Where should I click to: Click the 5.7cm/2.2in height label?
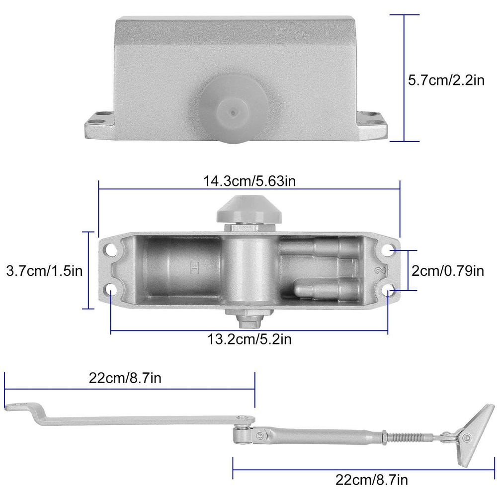(446, 80)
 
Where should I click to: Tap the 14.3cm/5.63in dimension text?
(249, 181)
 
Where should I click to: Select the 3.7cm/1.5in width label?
(44, 271)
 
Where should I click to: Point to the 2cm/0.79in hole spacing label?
(448, 271)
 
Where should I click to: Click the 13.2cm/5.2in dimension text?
(249, 339)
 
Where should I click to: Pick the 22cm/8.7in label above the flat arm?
(125, 378)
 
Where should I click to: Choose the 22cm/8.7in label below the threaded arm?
(371, 480)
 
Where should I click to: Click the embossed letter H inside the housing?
(194, 268)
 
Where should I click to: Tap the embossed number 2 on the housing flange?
(381, 270)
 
